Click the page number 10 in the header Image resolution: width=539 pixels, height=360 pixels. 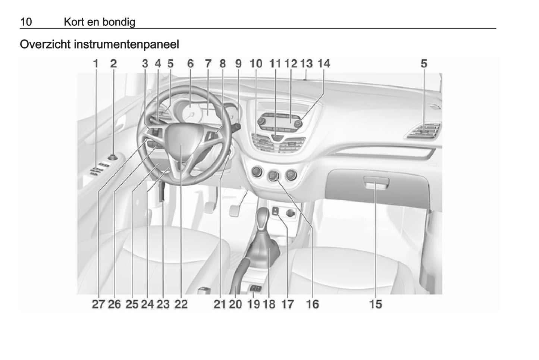[x=26, y=22]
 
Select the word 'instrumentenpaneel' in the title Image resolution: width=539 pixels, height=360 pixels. [x=126, y=44]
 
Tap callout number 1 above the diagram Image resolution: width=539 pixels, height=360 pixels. [x=96, y=64]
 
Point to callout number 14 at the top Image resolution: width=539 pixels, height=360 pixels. [x=324, y=64]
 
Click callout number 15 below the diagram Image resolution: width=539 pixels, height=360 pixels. [x=375, y=304]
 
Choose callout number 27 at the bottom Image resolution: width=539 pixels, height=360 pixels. [x=98, y=304]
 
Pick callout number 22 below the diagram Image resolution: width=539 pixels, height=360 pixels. [x=181, y=304]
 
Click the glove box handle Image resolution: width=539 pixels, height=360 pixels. [x=376, y=183]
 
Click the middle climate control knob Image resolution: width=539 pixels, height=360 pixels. [x=273, y=176]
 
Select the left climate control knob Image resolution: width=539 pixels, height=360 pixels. [x=257, y=172]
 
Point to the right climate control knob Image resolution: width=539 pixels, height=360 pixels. [x=291, y=175]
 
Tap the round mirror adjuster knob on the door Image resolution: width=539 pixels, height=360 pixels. [x=112, y=158]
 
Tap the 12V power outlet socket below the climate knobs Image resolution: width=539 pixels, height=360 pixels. [x=291, y=213]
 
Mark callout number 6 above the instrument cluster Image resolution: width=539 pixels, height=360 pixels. [x=190, y=64]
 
